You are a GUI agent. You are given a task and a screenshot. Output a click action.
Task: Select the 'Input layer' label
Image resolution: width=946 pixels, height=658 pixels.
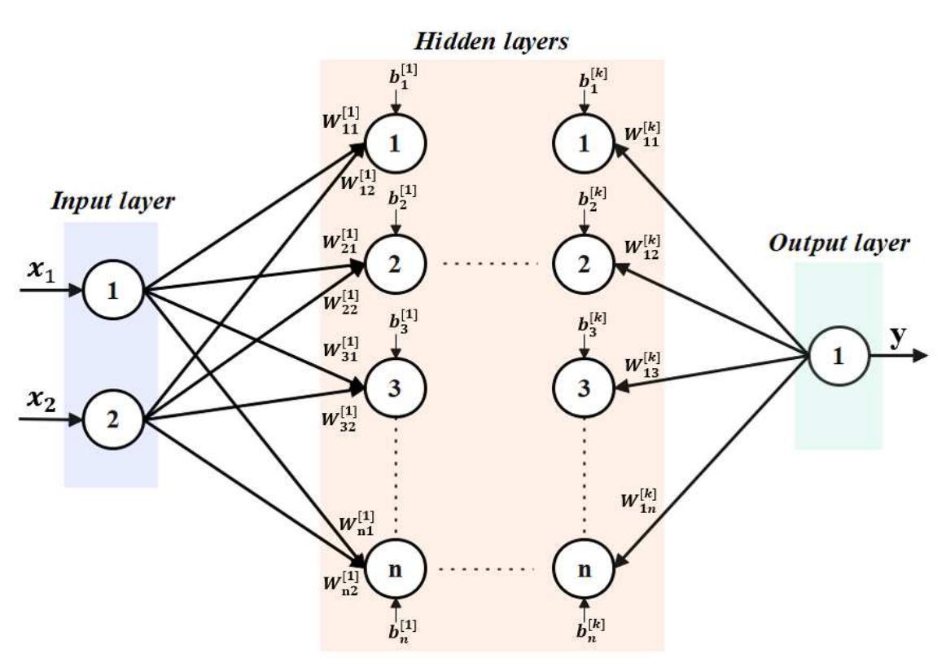tap(112, 202)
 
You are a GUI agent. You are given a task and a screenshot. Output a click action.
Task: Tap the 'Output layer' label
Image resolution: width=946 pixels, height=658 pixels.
tap(840, 243)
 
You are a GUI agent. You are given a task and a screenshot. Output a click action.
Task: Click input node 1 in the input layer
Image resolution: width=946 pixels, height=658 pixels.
tap(113, 290)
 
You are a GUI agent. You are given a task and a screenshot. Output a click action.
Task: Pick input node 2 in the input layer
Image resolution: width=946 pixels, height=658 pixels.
tap(113, 421)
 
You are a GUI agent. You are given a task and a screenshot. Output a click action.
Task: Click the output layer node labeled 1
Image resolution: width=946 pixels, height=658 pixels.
tap(838, 357)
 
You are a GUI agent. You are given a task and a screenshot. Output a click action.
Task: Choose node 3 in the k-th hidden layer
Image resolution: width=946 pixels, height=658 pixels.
tap(583, 387)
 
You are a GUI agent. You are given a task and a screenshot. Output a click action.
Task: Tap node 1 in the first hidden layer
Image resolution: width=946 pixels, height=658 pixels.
tap(395, 144)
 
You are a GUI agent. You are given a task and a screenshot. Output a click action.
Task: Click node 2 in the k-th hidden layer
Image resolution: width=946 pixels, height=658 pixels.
tap(583, 265)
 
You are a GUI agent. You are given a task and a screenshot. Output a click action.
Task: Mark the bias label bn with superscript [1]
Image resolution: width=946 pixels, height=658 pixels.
tap(404, 630)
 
